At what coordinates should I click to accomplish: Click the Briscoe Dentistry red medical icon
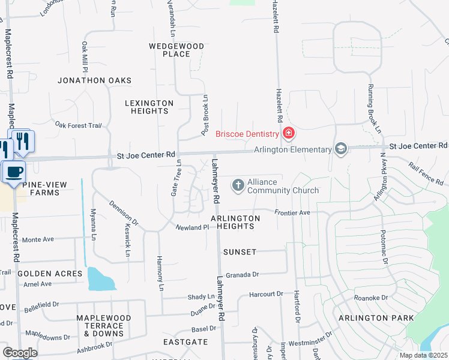288,133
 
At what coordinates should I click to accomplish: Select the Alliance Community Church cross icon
238,185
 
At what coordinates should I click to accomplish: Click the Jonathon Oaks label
94,80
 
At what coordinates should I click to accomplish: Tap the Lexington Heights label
149,107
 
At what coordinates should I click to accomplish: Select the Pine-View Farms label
41,188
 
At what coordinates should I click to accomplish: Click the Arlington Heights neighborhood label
235,222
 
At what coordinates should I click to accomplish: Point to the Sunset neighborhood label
240,252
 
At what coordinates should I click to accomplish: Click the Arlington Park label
376,317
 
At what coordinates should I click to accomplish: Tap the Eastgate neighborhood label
186,342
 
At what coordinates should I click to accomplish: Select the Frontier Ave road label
292,212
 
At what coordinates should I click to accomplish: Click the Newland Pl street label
191,227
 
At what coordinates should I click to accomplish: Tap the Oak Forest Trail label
79,125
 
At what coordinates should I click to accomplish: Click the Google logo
19,353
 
